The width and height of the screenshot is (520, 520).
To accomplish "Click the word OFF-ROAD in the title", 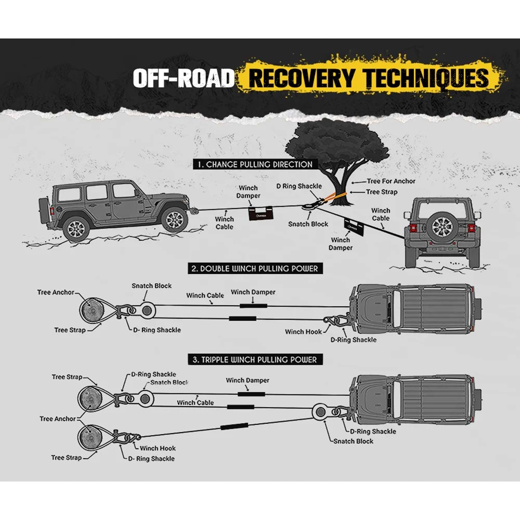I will (x=184, y=78).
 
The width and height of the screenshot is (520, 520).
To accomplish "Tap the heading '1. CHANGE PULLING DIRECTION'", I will (x=255, y=164).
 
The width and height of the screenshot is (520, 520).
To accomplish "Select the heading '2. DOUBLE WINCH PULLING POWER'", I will (x=255, y=269).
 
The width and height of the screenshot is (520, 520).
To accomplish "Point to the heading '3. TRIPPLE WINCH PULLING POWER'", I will (x=255, y=360).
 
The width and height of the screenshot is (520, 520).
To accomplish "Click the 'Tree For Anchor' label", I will (x=391, y=181).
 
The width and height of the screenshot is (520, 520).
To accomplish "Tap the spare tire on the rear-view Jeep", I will (x=442, y=227).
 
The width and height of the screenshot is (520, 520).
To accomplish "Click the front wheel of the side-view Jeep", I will (x=174, y=220).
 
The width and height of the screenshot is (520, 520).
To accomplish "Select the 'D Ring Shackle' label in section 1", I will (x=299, y=186).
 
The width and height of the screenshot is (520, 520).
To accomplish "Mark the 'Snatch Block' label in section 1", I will (x=308, y=224).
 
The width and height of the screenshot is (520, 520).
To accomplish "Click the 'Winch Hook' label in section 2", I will (x=303, y=332).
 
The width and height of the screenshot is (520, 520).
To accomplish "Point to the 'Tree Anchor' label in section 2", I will (x=55, y=292).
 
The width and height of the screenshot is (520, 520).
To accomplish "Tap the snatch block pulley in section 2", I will (x=147, y=310).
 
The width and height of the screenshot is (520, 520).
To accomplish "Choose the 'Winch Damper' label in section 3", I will (x=248, y=380).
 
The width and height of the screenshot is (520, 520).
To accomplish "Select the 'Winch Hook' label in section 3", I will (x=158, y=448).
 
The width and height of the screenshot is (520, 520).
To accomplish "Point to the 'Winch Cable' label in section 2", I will (x=205, y=295).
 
